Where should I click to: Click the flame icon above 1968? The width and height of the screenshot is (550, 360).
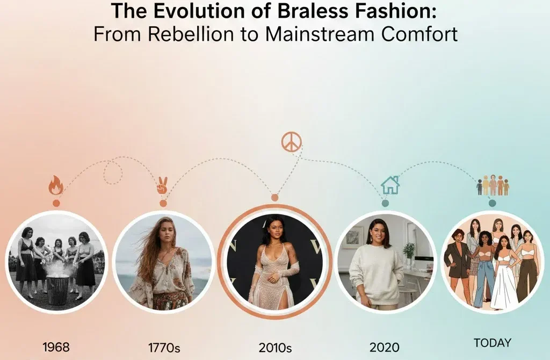pos(56,185)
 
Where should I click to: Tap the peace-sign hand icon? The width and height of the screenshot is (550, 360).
pos(162,186)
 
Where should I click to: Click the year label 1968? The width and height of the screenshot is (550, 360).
pos(56,347)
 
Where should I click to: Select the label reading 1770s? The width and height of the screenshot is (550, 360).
pos(164,348)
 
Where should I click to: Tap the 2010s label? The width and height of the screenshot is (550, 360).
pos(275,348)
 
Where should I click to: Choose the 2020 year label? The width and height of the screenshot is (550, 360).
pos(385,347)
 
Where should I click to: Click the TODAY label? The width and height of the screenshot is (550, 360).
pos(493,343)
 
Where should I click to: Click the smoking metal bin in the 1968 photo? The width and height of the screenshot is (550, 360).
pos(57,289)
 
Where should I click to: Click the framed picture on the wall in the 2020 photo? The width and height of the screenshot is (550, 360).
pos(356,237)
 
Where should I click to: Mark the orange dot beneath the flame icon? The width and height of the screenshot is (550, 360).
pos(56,203)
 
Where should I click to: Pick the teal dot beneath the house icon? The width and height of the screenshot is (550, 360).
pos(385,203)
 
